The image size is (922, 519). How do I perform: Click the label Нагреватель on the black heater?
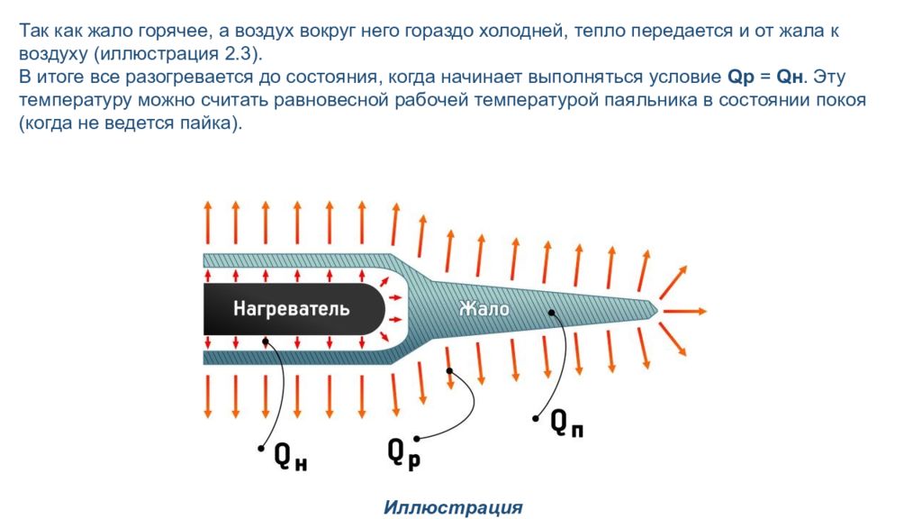tap(291, 309)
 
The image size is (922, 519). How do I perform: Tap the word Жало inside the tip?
tap(484, 308)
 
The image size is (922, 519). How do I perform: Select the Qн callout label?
tap(291, 456)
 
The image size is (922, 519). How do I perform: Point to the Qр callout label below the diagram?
tap(404, 454)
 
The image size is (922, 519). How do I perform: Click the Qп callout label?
tap(567, 423)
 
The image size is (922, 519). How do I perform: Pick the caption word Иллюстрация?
tap(453, 507)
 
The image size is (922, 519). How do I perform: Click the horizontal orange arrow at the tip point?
tap(684, 311)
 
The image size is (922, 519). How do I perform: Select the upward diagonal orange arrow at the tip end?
tap(673, 282)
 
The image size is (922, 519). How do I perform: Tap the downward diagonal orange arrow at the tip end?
tap(673, 339)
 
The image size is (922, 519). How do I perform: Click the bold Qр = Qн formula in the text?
tap(765, 77)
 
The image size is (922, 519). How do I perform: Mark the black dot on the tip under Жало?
tap(551, 313)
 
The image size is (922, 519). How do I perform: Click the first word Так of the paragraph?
tap(33, 31)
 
